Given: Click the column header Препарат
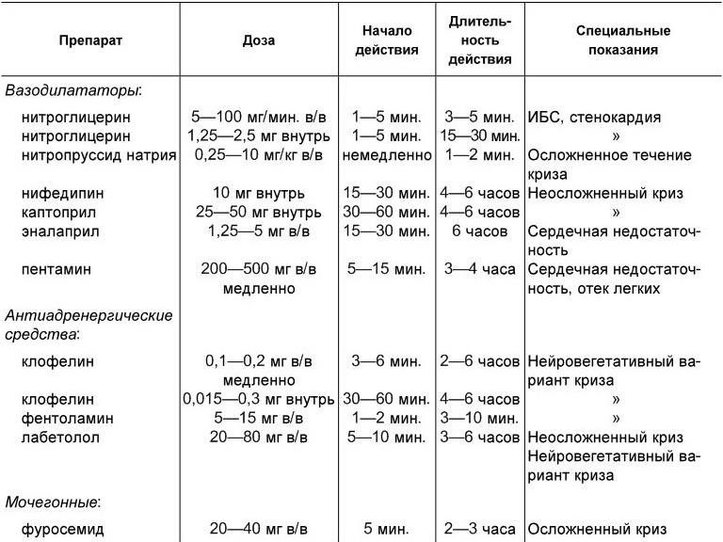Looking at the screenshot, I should (x=90, y=41).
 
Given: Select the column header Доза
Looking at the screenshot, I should (x=259, y=41).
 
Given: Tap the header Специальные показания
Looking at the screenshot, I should (x=617, y=41).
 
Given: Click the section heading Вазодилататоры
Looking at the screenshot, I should (x=73, y=91).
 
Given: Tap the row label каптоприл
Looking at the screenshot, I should (x=68, y=212).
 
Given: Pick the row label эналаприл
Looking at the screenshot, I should (x=69, y=231).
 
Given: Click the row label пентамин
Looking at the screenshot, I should (x=65, y=269).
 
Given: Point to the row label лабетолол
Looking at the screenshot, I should (x=71, y=438).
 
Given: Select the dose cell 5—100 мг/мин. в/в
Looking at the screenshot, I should (x=260, y=118).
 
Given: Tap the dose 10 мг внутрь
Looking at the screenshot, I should (x=260, y=193).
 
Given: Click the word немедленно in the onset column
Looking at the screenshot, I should (x=386, y=155).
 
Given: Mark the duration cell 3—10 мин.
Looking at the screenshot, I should (x=480, y=418).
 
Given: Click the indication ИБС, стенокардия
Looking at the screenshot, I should (x=595, y=118).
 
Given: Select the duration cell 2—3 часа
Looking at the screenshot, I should (x=480, y=529).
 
